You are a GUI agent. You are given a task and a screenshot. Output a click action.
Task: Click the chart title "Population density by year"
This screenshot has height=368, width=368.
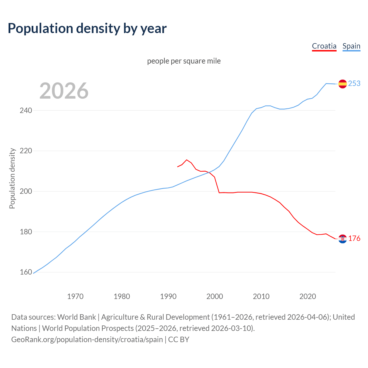87,28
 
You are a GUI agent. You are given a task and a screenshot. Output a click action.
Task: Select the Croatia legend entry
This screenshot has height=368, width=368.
324,46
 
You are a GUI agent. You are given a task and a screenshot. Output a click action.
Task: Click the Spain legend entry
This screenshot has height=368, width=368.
351,46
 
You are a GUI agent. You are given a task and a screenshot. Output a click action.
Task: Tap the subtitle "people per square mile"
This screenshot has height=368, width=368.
184,61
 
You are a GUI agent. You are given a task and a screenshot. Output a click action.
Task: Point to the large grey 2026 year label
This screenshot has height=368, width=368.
64,91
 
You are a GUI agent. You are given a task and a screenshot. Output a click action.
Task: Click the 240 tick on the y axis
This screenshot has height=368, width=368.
26,110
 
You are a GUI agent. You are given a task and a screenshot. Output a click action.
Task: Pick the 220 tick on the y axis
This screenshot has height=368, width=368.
26,151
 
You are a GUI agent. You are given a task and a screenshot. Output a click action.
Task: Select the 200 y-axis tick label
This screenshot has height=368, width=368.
26,191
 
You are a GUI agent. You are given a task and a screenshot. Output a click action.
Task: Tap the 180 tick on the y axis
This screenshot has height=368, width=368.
26,232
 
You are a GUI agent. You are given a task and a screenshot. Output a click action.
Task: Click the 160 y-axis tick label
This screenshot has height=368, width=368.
26,272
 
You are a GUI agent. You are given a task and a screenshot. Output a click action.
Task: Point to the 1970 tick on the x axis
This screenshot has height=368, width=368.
75,296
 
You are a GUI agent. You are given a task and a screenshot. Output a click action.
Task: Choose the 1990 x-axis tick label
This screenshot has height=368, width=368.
168,296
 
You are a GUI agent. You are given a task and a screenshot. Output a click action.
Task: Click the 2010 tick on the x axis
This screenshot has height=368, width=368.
261,296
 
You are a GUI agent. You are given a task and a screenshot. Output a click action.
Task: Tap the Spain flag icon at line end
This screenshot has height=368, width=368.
342,84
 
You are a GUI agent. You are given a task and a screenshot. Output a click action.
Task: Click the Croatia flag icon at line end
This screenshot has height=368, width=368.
342,239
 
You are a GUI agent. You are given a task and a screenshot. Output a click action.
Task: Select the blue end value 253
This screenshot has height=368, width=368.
354,83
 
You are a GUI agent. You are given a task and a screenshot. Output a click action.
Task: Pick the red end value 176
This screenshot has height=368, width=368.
354,238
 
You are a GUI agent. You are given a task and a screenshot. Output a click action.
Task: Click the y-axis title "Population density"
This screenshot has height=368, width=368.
12,178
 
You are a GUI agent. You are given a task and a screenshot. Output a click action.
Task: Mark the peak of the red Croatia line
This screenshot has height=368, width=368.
187,160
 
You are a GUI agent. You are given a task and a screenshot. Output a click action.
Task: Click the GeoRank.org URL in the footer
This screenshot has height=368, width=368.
87,340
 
